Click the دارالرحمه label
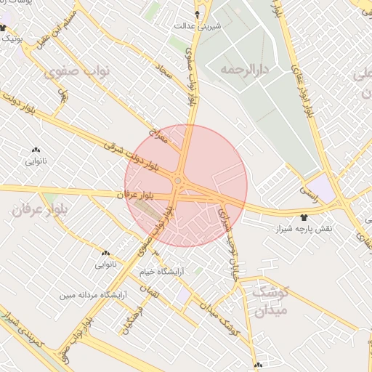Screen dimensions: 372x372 pyautogui.click(x=243, y=70)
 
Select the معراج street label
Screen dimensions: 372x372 pyautogui.click(x=158, y=135)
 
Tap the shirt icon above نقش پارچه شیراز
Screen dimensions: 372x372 pyautogui.click(x=303, y=217)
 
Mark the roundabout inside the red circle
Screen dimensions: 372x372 pyautogui.click(x=177, y=180)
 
